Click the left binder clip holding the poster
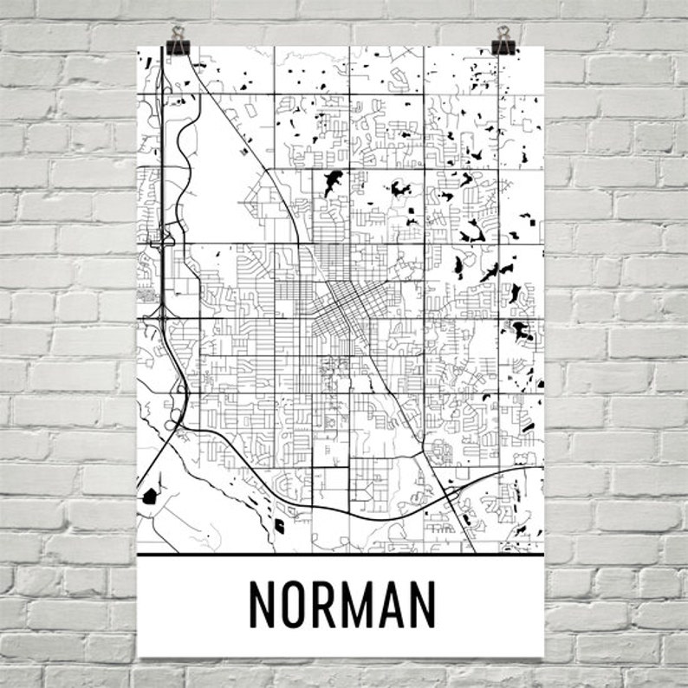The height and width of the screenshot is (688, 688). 178,41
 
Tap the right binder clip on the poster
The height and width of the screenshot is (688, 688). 503,41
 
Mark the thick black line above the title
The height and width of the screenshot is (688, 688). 341,554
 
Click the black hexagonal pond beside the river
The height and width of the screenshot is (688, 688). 150,497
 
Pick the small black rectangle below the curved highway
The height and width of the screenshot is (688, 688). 279,524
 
